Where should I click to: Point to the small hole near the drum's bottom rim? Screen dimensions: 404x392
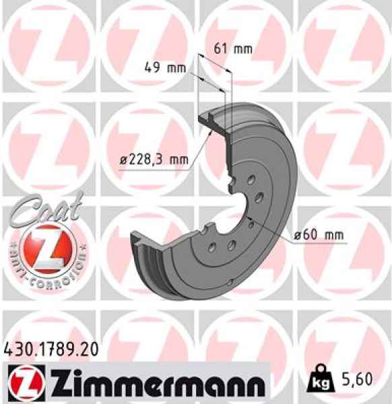point(231,283)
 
